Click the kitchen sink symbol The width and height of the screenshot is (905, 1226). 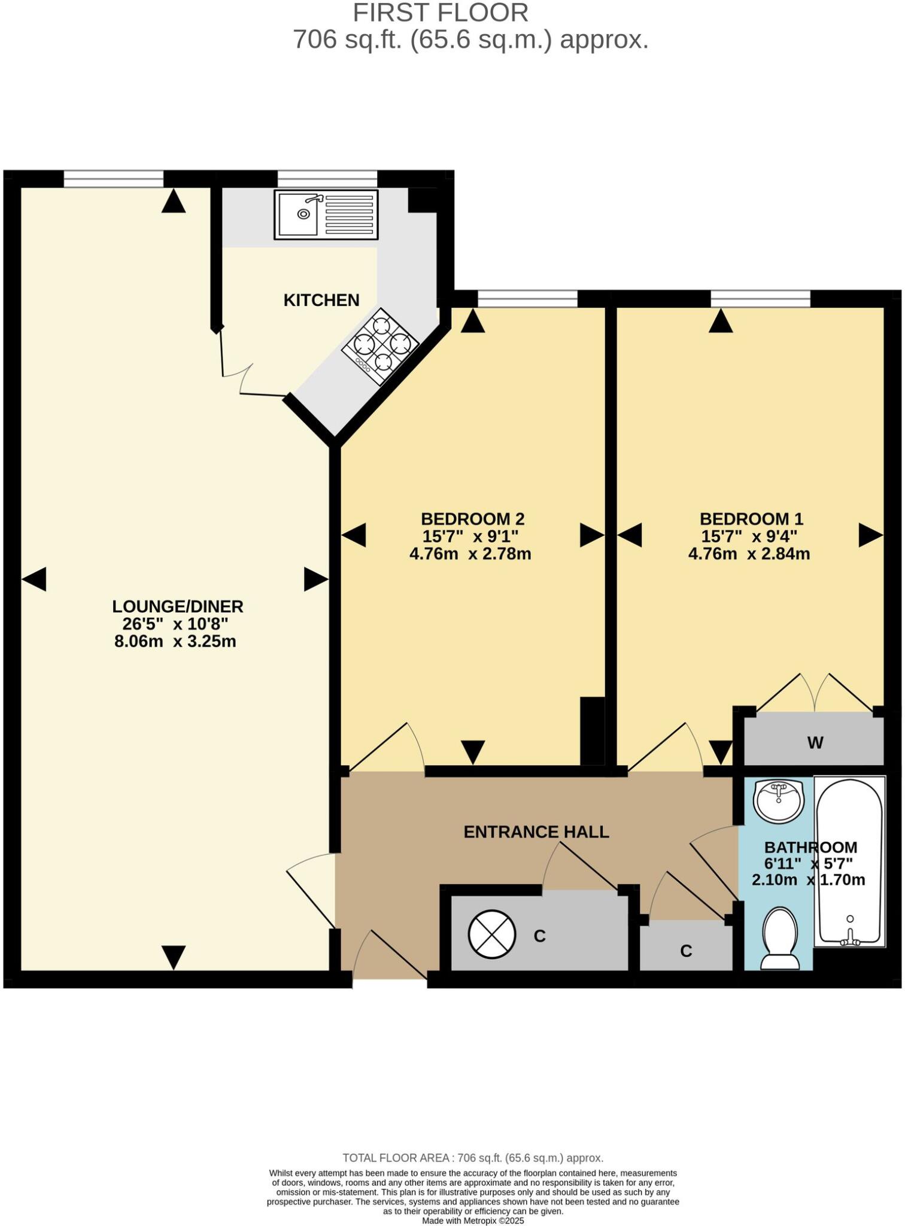point(326,214)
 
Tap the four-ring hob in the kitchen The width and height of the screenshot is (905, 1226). point(380,347)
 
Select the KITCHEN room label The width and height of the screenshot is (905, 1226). point(321,300)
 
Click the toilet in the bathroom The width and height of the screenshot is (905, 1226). point(779,938)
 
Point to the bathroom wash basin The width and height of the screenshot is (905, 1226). point(778,801)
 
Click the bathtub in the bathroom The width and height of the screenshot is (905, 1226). point(849,862)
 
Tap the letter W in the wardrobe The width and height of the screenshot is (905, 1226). point(815,743)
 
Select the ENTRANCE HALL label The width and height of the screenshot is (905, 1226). point(536,832)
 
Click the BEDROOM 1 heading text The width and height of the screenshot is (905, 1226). point(751,518)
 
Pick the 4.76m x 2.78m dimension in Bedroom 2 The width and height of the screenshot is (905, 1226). point(470,554)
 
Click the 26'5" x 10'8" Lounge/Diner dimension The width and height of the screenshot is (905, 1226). point(175,624)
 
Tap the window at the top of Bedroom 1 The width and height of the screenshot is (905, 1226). point(760,298)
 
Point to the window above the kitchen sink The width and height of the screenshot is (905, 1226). point(327,178)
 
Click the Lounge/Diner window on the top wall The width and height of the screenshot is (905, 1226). point(113,178)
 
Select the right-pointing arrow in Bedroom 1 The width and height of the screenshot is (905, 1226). point(870,535)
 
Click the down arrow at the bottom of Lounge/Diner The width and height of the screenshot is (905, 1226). point(174,957)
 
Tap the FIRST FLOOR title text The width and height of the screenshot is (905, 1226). point(441,13)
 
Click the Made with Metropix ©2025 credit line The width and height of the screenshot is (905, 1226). point(473,1221)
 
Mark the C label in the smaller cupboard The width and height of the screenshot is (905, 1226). point(686,951)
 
